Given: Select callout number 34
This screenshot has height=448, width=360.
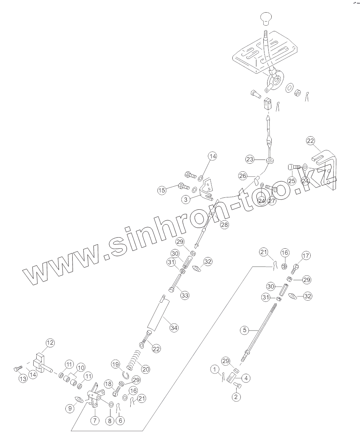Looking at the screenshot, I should (174, 328).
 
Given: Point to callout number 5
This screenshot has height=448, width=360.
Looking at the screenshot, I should (245, 329).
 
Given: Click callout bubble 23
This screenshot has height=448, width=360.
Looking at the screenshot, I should (250, 159).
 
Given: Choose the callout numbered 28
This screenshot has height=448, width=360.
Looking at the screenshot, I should (224, 225).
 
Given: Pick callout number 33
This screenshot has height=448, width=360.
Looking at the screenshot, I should (185, 295).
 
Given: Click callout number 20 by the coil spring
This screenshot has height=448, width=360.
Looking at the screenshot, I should (145, 370).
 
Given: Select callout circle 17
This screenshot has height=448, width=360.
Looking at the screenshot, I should (306, 256).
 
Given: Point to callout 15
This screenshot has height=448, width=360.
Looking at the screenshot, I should (162, 190).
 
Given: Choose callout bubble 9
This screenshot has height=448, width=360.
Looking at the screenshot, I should (70, 408).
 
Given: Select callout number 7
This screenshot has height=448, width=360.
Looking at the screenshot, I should (94, 420).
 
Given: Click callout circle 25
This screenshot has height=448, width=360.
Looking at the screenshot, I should (292, 180).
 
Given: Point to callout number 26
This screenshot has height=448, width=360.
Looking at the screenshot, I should (243, 176).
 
